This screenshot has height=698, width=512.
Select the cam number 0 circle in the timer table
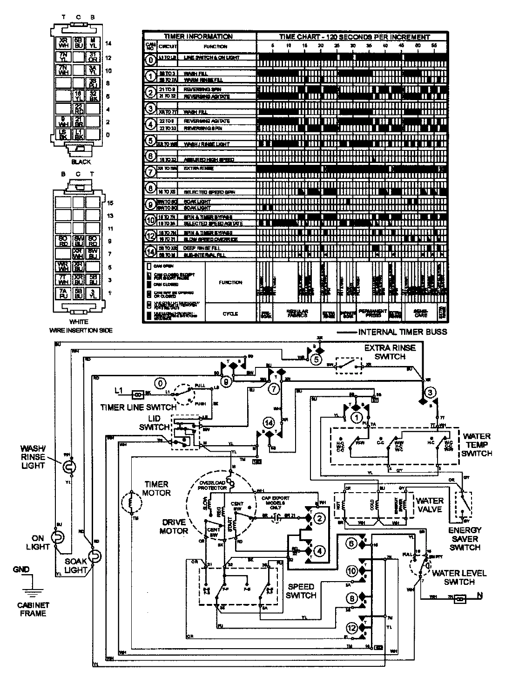[x=150, y=60]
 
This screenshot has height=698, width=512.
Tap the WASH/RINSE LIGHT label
[x=32, y=456]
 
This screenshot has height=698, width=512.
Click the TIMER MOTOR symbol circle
[x=131, y=503]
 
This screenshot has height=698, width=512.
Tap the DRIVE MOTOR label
[x=175, y=526]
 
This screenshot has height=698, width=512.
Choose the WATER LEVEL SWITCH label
[x=458, y=577]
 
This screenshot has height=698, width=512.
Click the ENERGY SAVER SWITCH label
[x=465, y=539]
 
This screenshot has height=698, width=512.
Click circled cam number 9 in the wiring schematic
[x=227, y=383]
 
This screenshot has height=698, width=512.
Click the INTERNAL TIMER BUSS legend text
[x=403, y=332]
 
